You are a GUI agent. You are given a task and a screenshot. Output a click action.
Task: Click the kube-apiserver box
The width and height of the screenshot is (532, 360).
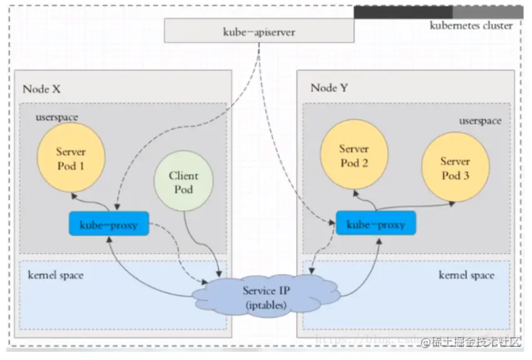pyautogui.click(x=259, y=31)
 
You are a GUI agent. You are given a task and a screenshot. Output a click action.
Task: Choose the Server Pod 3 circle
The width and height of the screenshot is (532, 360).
pyautogui.click(x=454, y=168)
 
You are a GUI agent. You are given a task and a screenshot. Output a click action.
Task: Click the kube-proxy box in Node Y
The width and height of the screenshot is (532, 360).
pyautogui.click(x=376, y=224)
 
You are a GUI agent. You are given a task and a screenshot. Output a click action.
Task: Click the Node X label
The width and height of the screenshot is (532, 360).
pyautogui.click(x=41, y=89)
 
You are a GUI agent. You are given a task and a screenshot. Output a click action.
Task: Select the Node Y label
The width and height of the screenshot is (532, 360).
pyautogui.click(x=330, y=88)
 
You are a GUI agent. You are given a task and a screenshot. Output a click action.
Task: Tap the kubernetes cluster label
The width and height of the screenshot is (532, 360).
pyautogui.click(x=471, y=26)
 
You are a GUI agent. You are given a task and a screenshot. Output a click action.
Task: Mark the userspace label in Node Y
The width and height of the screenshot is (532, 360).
pyautogui.click(x=480, y=121)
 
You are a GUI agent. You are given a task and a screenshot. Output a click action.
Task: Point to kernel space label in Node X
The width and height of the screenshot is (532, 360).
pyautogui.click(x=56, y=275)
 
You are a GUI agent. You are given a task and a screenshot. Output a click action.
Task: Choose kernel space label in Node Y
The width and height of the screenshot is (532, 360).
pyautogui.click(x=466, y=275)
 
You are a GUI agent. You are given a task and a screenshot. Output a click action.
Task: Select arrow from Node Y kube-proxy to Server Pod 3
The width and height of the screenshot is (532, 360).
pyautogui.click(x=414, y=205)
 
